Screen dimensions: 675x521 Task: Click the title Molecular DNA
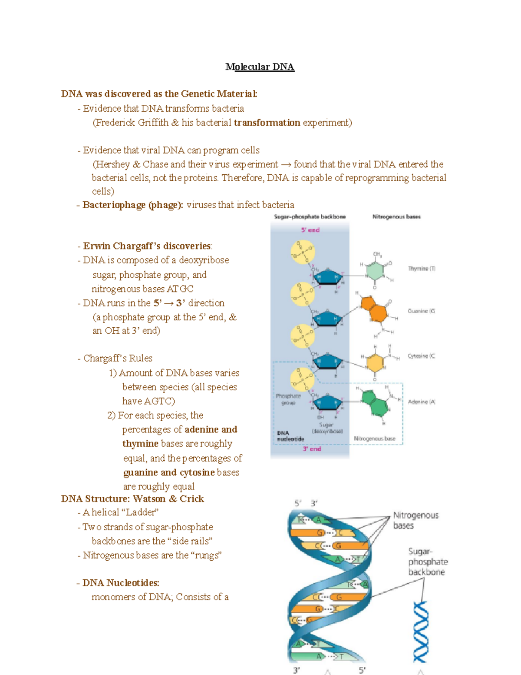pos(260,67)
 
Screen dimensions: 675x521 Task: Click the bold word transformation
pos(267,123)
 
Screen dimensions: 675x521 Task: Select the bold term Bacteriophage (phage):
pos(133,205)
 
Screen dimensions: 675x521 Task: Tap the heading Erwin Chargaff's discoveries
pos(147,246)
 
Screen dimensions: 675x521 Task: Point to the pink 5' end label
pos(310,230)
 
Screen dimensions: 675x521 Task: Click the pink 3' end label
pos(312,449)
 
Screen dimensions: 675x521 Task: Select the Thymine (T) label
pos(421,269)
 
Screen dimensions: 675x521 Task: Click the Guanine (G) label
pos(421,311)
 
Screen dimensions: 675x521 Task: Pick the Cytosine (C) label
pos(421,356)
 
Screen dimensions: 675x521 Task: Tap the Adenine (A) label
pos(421,402)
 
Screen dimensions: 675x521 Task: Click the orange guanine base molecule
pos(374,309)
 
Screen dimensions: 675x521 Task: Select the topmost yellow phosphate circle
pos(303,252)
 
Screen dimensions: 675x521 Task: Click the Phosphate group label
pos(288,399)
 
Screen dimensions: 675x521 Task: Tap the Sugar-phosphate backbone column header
pos(310,216)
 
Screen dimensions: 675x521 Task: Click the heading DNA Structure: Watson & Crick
pos(132,499)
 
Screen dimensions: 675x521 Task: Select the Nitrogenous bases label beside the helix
pos(415,520)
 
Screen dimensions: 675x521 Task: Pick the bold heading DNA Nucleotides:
pos(121,583)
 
